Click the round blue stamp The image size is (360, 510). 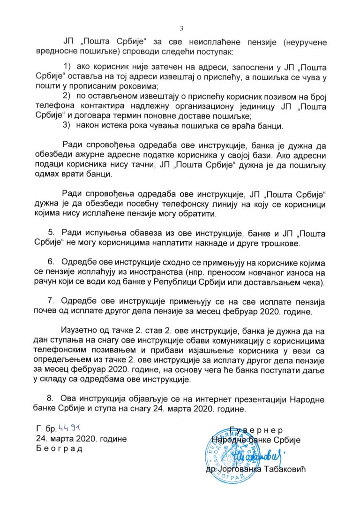coord(227,453)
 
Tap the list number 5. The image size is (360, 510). coord(52,234)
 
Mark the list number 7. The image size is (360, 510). coord(52,300)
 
